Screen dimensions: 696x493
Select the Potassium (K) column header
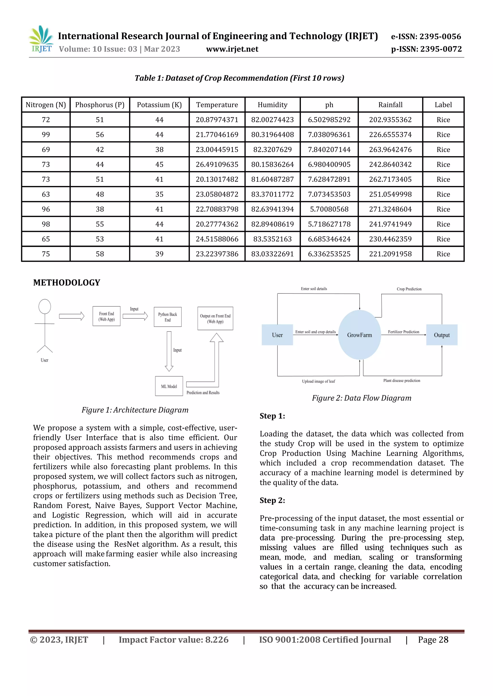[x=159, y=105]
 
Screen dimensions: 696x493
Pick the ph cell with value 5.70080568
[x=329, y=209]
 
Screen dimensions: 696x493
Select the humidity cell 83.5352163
[x=272, y=239]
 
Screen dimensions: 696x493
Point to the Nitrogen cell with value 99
[x=46, y=135]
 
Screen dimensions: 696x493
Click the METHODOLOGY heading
[x=66, y=282]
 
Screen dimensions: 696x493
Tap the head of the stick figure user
[x=45, y=306]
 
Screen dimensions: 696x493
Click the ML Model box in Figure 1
[x=169, y=386]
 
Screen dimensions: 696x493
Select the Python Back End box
[x=168, y=317]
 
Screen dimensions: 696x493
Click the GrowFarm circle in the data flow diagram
[x=359, y=335]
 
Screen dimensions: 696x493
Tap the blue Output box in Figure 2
[x=441, y=335]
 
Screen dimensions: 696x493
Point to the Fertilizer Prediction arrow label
[x=403, y=332]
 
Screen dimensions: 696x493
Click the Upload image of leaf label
[x=318, y=381]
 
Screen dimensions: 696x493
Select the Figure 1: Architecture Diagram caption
[x=135, y=410]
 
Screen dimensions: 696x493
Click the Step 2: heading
[x=272, y=500]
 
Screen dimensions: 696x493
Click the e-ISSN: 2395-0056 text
[x=426, y=37]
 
